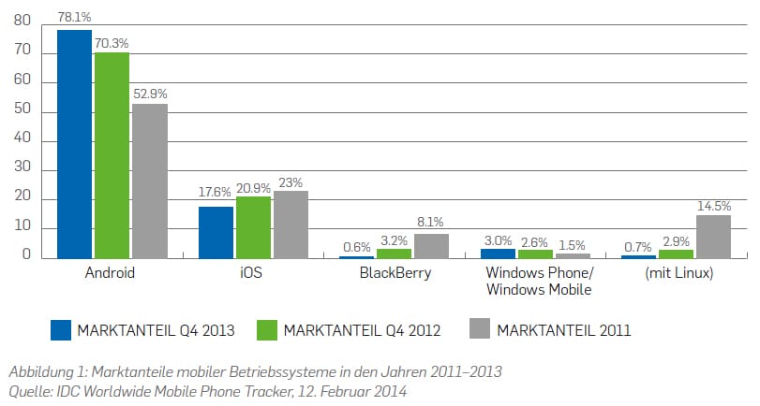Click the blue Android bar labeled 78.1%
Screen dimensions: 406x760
(x=75, y=144)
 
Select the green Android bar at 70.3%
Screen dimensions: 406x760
(x=112, y=155)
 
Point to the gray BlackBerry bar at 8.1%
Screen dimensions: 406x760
(x=432, y=246)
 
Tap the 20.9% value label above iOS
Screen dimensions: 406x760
(x=253, y=186)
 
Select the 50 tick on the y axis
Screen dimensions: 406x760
(x=23, y=110)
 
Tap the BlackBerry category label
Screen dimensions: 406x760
(x=395, y=274)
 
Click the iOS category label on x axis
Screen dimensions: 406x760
(x=253, y=274)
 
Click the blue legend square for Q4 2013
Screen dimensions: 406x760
(x=61, y=329)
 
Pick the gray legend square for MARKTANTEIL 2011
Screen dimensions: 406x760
(x=480, y=329)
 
